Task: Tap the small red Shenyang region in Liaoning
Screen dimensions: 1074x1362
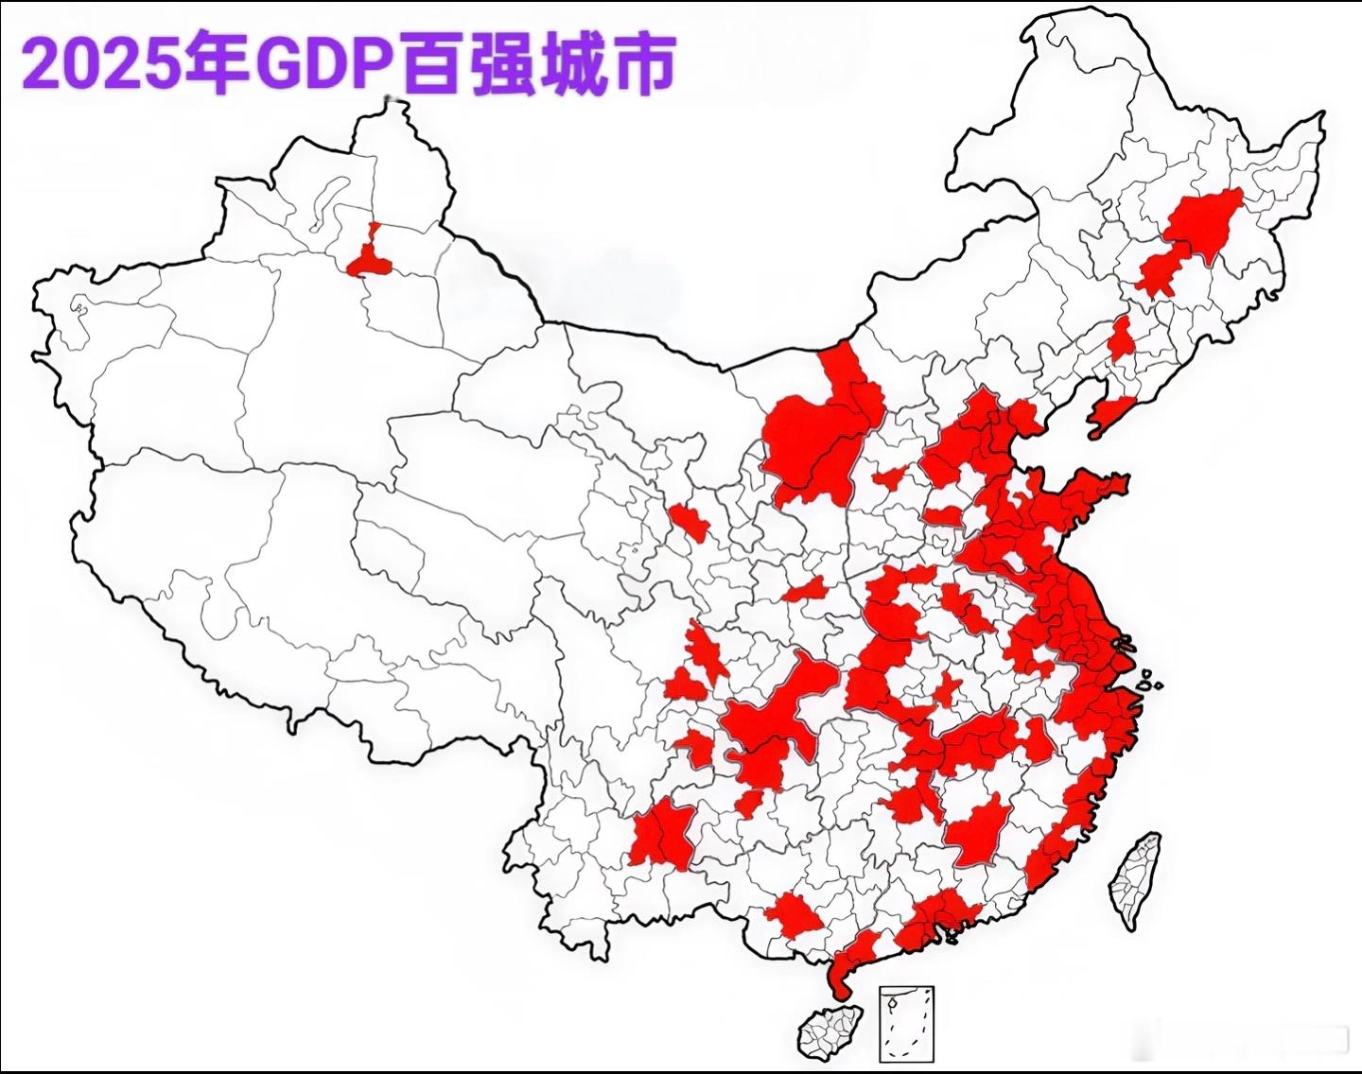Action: (1121, 338)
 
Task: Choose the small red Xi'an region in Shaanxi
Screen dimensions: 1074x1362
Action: (805, 591)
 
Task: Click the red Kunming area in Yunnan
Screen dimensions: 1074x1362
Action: (662, 832)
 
